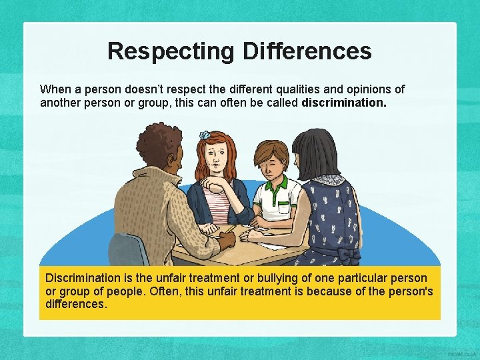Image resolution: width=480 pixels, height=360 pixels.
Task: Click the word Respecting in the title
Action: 171,51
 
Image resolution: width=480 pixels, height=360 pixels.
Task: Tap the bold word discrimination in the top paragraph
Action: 344,103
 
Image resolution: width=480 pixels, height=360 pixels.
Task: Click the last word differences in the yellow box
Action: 75,304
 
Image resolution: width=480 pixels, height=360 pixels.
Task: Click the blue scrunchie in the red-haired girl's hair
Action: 205,135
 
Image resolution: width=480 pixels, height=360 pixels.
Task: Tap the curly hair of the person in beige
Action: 158,143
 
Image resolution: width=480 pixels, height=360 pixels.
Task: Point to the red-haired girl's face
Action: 217,160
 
